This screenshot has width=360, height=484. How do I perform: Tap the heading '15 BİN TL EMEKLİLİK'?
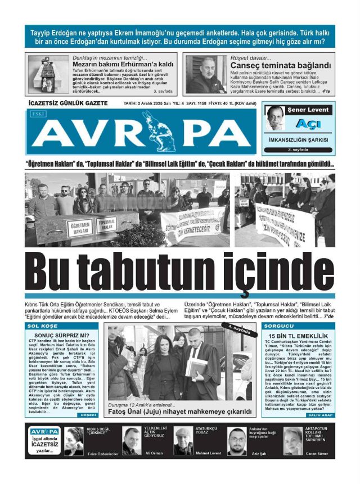298,335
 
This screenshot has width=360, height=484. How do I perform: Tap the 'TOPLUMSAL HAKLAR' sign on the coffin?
106,224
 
